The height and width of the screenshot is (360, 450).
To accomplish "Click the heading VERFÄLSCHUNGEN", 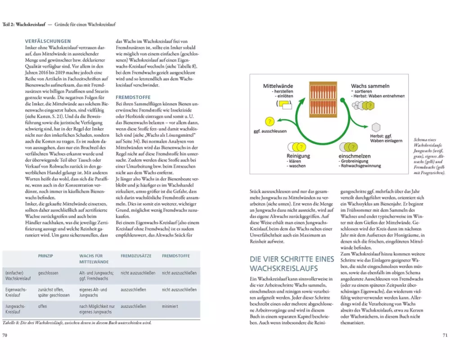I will (x=48, y=41).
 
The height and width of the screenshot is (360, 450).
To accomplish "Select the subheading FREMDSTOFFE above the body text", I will (x=133, y=97).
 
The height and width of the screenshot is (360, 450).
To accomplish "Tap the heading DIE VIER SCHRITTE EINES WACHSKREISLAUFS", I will (x=292, y=264).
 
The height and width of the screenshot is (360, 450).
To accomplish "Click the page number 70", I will (x=5, y=335).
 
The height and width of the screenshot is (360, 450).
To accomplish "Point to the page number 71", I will (x=444, y=335).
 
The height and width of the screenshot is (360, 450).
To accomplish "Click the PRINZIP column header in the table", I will (x=46, y=256).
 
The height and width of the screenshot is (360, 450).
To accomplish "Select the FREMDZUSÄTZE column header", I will (x=135, y=256).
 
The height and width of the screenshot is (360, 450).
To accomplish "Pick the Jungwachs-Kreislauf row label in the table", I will (x=15, y=309).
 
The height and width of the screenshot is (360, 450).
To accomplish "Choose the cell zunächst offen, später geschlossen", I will (x=54, y=292).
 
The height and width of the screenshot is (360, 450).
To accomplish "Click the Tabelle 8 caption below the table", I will (x=76, y=323).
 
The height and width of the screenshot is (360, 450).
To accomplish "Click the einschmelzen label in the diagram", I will (x=355, y=156).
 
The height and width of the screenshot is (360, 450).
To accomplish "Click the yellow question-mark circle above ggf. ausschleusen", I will (x=269, y=121).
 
